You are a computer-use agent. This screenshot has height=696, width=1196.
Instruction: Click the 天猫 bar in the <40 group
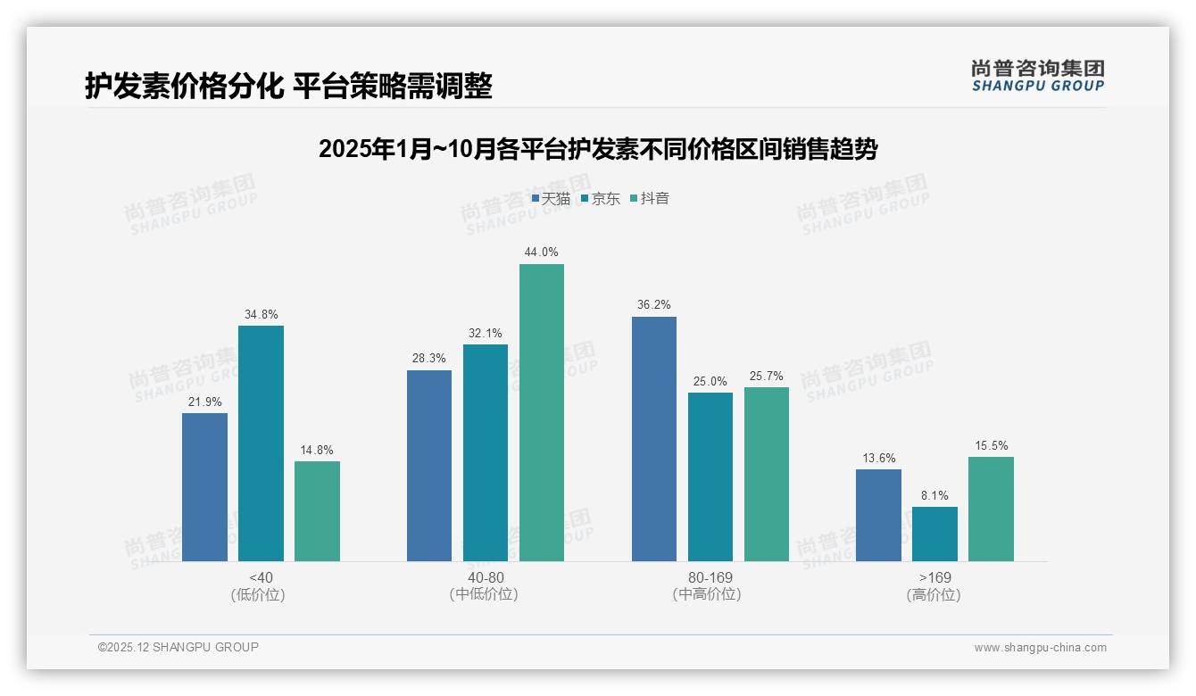(204, 487)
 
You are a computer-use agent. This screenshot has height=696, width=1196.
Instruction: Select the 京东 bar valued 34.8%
(261, 443)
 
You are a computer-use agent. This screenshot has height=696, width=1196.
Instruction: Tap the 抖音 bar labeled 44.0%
(542, 412)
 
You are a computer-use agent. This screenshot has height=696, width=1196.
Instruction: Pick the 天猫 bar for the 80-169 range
(654, 439)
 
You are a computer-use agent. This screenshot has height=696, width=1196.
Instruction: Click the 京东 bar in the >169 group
(934, 534)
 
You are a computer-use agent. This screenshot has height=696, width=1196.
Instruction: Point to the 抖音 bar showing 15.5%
(991, 509)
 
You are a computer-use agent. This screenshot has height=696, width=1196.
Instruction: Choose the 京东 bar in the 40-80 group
(486, 452)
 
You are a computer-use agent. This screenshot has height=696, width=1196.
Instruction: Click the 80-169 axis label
(710, 577)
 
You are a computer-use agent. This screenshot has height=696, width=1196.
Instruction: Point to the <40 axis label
(262, 577)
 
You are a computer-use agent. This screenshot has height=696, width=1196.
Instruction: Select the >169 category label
(934, 577)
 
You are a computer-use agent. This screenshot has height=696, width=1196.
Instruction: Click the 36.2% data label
(654, 304)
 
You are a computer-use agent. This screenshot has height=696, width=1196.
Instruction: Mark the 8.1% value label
(934, 495)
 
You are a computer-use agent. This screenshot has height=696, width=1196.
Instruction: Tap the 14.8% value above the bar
(317, 450)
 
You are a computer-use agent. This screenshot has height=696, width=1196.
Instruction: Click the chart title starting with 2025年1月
(598, 149)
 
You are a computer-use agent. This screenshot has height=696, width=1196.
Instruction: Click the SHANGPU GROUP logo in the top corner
(1037, 76)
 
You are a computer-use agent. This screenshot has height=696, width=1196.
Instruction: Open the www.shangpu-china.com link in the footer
(1040, 648)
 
